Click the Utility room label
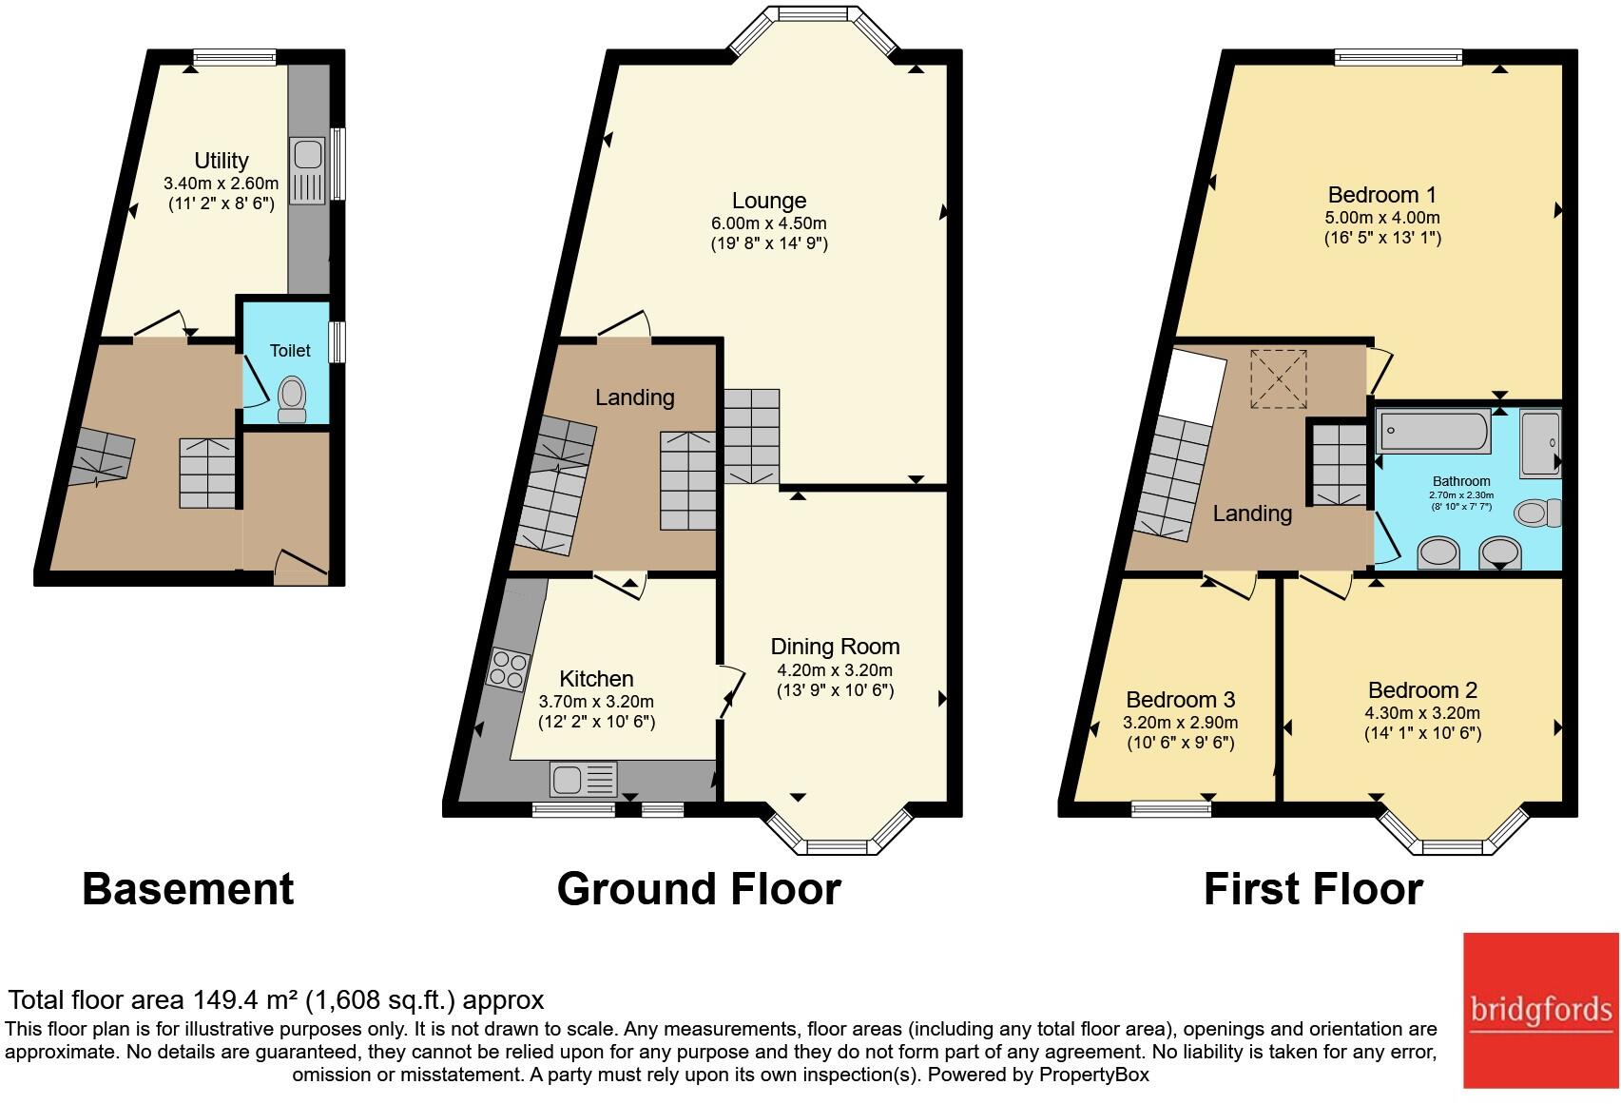tap(221, 161)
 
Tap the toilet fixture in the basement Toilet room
tap(292, 399)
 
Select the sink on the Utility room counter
tap(308, 154)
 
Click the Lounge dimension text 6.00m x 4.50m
tap(769, 223)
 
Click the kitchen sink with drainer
tap(583, 780)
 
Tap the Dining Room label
tap(835, 647)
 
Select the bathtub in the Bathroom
tap(1433, 432)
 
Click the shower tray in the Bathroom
tap(1539, 442)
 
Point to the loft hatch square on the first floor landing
tap(1279, 379)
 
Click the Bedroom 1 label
tap(1381, 195)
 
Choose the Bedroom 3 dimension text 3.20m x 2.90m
tap(1180, 723)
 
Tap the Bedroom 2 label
tap(1422, 690)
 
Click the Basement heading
tap(188, 889)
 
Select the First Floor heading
tap(1313, 889)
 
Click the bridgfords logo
tap(1540, 1010)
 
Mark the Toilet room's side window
tap(337, 342)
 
